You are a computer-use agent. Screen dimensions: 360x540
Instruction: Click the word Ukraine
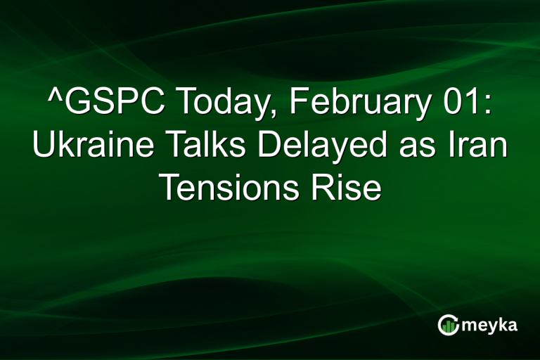click(85, 147)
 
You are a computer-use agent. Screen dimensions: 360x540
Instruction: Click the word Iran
click(475, 147)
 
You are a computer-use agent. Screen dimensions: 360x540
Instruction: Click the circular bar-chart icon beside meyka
click(448, 325)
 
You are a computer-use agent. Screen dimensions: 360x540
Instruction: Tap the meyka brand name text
click(489, 326)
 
